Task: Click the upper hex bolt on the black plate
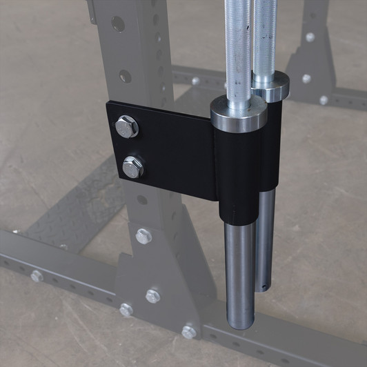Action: pyautogui.click(x=127, y=127)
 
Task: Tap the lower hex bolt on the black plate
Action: pyautogui.click(x=132, y=166)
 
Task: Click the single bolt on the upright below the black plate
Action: pyautogui.click(x=143, y=236)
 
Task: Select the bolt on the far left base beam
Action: pyautogui.click(x=37, y=276)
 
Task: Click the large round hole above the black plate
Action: pyautogui.click(x=125, y=75)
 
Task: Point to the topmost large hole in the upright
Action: pyautogui.click(x=118, y=24)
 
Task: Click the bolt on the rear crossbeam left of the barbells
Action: pyautogui.click(x=196, y=81)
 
